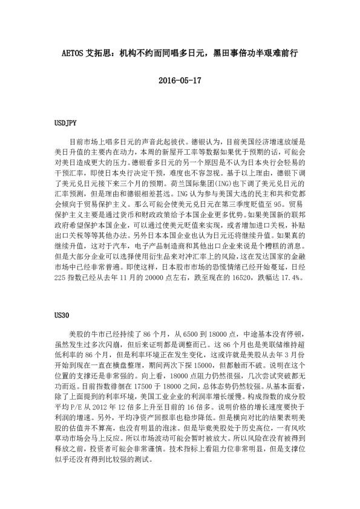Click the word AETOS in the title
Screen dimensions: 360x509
click(74, 53)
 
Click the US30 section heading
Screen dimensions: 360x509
click(62, 314)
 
